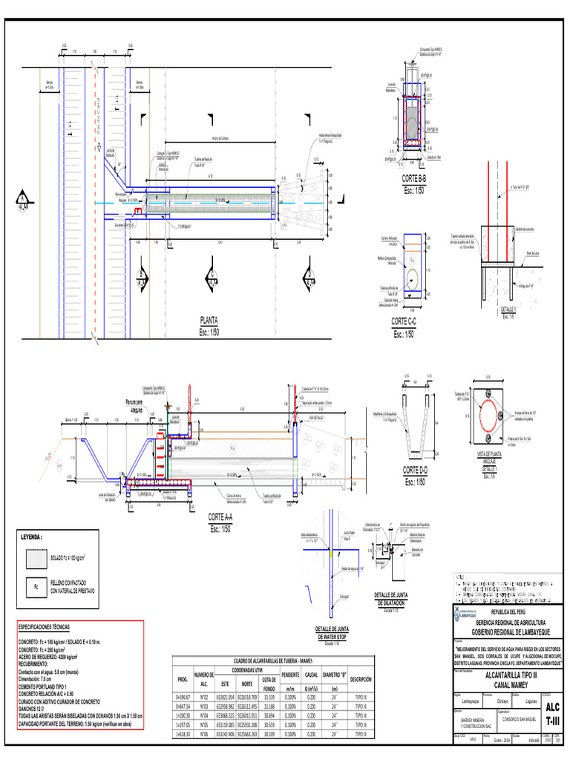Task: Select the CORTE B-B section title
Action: [x=413, y=180]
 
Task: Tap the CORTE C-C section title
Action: [x=404, y=321]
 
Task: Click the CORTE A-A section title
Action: [x=220, y=517]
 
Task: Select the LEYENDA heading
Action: [x=31, y=536]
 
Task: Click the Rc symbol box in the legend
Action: [x=35, y=587]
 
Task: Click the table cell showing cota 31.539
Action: [x=270, y=698]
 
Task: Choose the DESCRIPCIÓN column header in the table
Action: [x=361, y=679]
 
